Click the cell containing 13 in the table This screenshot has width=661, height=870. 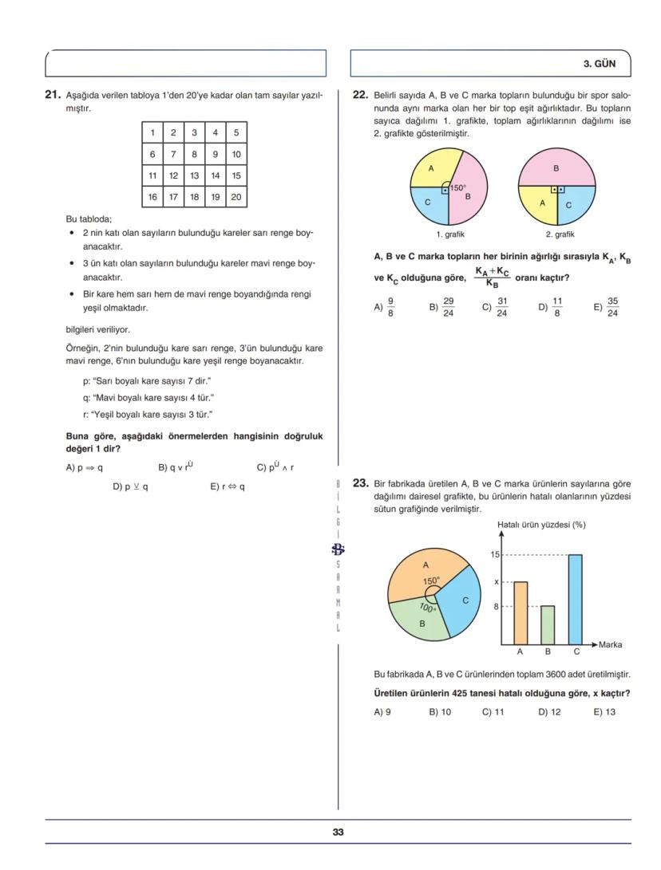194,175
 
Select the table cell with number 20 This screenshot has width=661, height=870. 236,196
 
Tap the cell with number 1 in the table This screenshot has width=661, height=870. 152,133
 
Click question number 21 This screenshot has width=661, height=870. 53,94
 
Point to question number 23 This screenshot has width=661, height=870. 361,482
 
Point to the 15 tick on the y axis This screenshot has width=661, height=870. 495,554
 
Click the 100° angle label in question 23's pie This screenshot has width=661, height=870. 428,608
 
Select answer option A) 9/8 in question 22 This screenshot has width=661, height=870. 384,305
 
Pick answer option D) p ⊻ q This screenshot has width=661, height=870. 130,486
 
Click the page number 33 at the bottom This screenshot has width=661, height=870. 338,832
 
